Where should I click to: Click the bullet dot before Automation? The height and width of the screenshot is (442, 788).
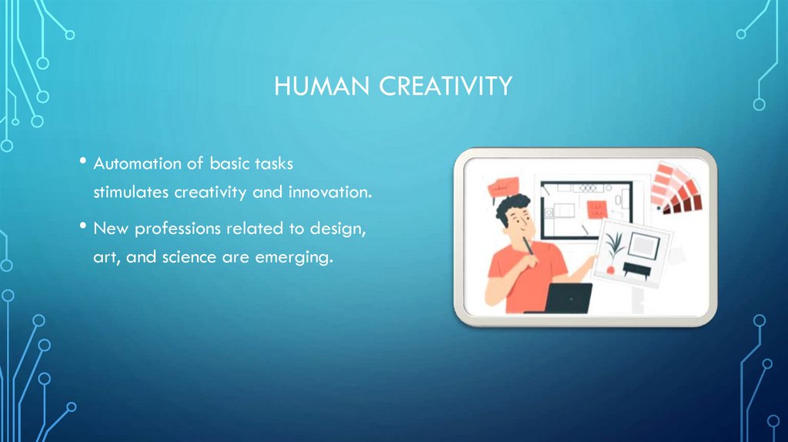tap(82, 162)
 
